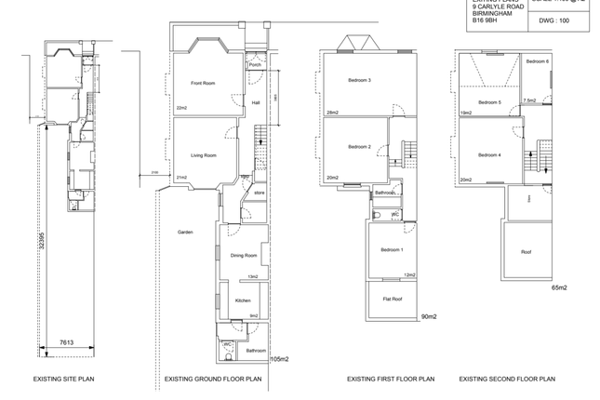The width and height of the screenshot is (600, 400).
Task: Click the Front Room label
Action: pos(203,84)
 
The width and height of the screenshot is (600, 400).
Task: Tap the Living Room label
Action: pos(204,155)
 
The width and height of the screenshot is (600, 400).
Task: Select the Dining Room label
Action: pos(244,255)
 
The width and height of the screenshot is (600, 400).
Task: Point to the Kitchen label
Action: pos(242,301)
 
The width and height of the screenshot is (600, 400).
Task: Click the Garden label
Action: pos(186,232)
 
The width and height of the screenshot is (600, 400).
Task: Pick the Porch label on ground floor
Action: pos(255,65)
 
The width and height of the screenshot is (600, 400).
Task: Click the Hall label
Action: pos(255,103)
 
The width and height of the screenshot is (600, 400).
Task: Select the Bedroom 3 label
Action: pos(360,81)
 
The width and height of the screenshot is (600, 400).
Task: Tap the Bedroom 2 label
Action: pos(360,147)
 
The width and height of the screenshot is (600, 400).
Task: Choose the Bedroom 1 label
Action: pos(392,249)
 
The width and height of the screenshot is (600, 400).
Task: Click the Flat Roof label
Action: pos(392,299)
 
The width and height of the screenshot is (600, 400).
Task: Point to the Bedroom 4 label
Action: pos(489,155)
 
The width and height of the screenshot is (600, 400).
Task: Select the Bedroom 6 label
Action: pos(537,61)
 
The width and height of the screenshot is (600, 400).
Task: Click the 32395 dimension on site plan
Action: pos(42,245)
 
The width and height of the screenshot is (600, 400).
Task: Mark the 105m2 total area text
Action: pos(279,359)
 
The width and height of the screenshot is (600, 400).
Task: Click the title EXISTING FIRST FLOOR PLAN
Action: pos(391,380)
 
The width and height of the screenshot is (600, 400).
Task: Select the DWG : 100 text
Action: pos(553,20)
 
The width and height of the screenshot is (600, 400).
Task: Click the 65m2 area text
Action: pos(558,288)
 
